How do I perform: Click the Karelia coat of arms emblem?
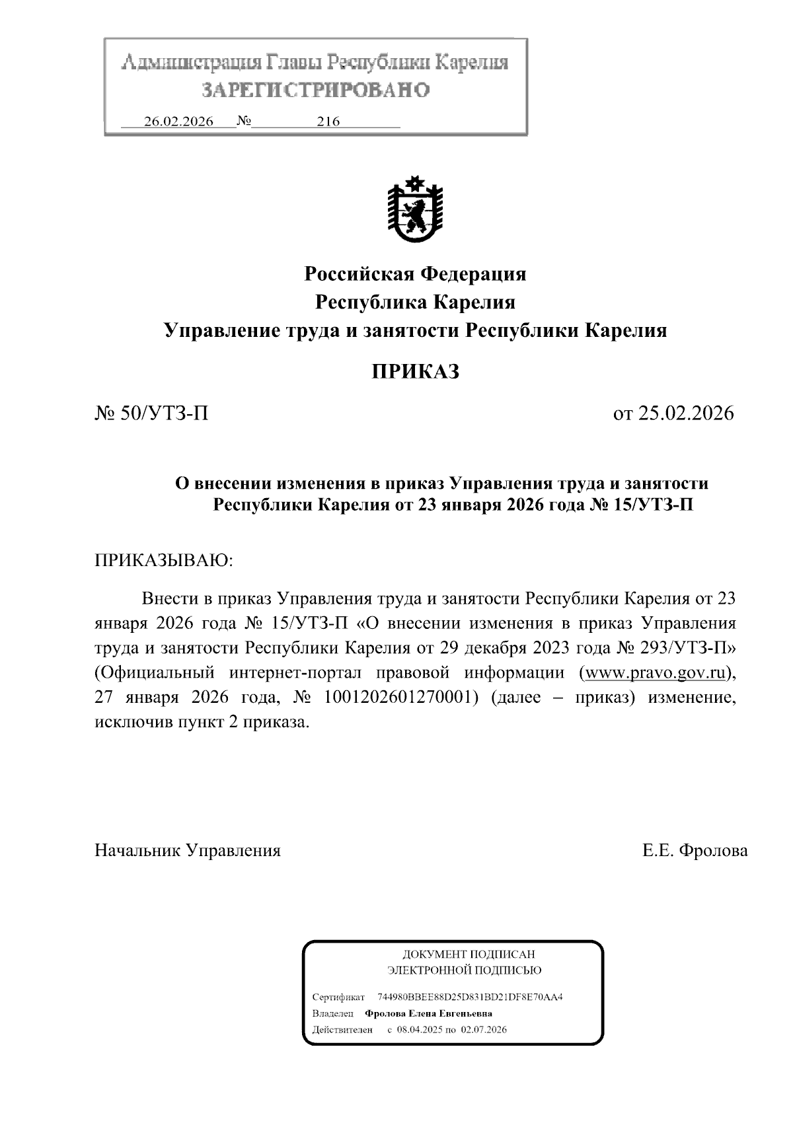[x=415, y=209]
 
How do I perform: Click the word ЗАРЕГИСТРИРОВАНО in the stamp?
[x=315, y=90]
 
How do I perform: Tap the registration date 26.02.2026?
[x=178, y=122]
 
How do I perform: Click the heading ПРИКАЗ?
[x=415, y=372]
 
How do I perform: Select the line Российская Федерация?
[x=415, y=273]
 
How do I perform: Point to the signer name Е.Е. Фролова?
[x=695, y=850]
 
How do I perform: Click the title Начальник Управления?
[x=188, y=850]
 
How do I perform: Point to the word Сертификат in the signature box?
[x=338, y=997]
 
